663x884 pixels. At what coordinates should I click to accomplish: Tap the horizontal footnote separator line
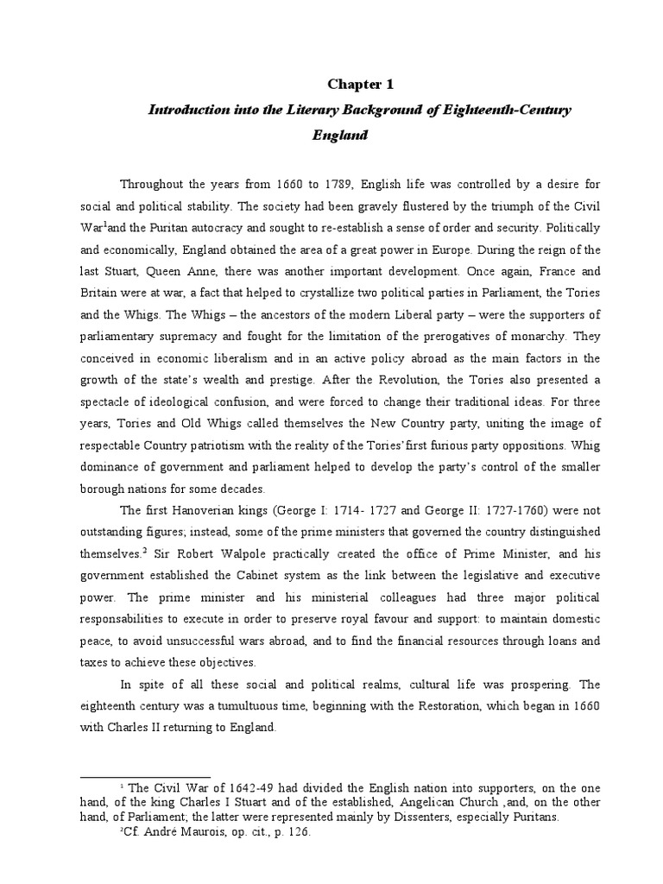tap(144, 778)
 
